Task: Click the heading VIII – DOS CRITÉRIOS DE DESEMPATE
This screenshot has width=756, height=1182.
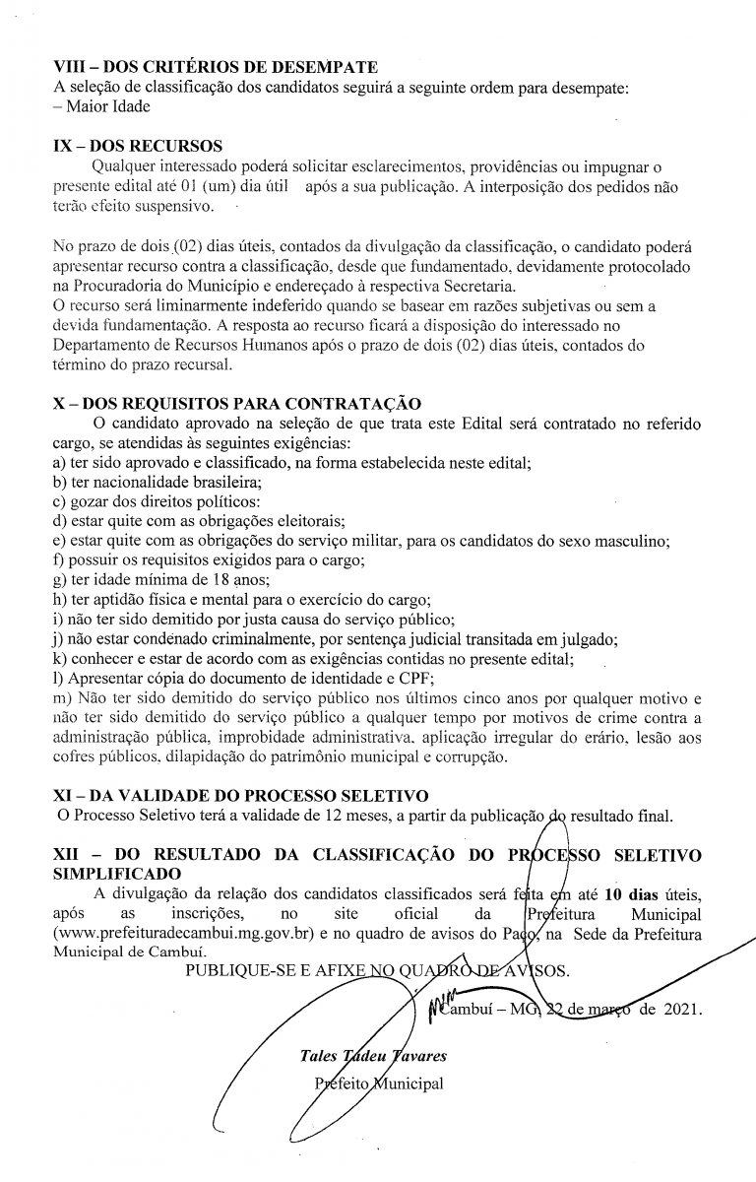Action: [x=216, y=68]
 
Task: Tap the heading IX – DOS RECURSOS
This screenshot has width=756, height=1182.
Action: [x=137, y=145]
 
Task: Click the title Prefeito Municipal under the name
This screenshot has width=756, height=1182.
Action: [x=376, y=1083]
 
